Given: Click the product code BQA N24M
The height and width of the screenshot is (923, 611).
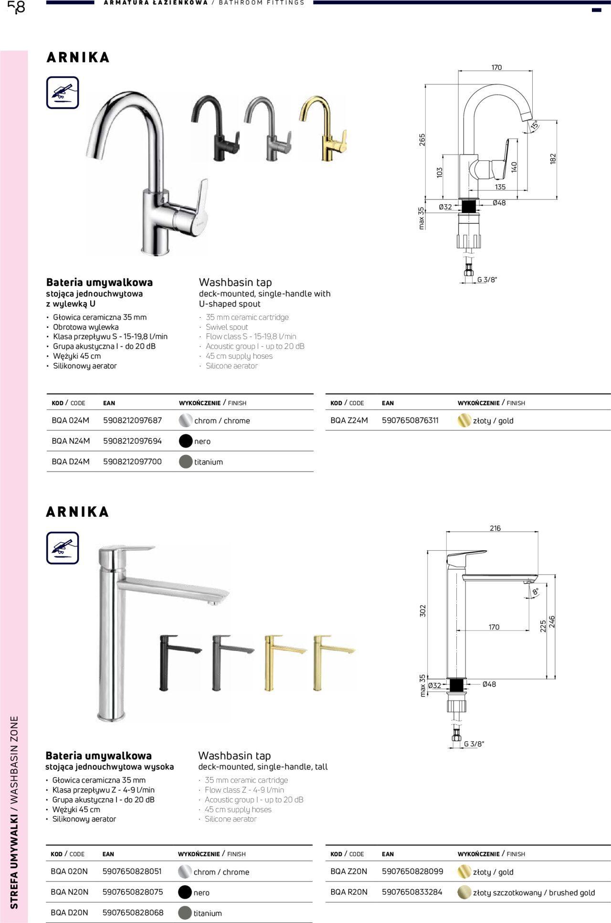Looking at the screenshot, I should click(71, 441).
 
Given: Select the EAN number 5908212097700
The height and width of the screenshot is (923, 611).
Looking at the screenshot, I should click(132, 461).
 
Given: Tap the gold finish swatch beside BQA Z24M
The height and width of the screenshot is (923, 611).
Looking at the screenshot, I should click(464, 420).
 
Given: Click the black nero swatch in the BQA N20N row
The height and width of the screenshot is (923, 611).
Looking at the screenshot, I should click(185, 892).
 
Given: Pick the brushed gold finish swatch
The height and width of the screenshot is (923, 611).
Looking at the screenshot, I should click(464, 892).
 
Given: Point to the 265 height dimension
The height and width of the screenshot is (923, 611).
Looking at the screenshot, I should click(422, 140).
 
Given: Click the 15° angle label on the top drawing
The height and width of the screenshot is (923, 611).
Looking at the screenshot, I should click(535, 125).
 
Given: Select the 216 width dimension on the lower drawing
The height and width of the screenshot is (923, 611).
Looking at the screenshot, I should click(495, 528).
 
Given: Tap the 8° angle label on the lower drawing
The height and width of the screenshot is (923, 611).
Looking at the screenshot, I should click(535, 591).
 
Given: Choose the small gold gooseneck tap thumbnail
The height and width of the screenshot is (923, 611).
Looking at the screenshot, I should click(322, 129).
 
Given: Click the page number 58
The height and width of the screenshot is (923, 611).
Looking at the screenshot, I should click(16, 7).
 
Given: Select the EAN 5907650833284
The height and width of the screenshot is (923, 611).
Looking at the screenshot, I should click(412, 892).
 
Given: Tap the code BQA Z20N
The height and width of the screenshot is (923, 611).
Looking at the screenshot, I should click(348, 871).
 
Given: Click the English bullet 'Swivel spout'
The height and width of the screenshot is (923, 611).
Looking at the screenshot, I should click(227, 327).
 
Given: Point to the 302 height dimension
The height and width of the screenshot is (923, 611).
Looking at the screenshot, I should click(422, 611).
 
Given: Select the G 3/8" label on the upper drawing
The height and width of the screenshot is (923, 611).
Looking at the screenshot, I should click(487, 280).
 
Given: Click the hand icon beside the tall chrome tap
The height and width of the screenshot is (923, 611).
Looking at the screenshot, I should click(63, 548).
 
